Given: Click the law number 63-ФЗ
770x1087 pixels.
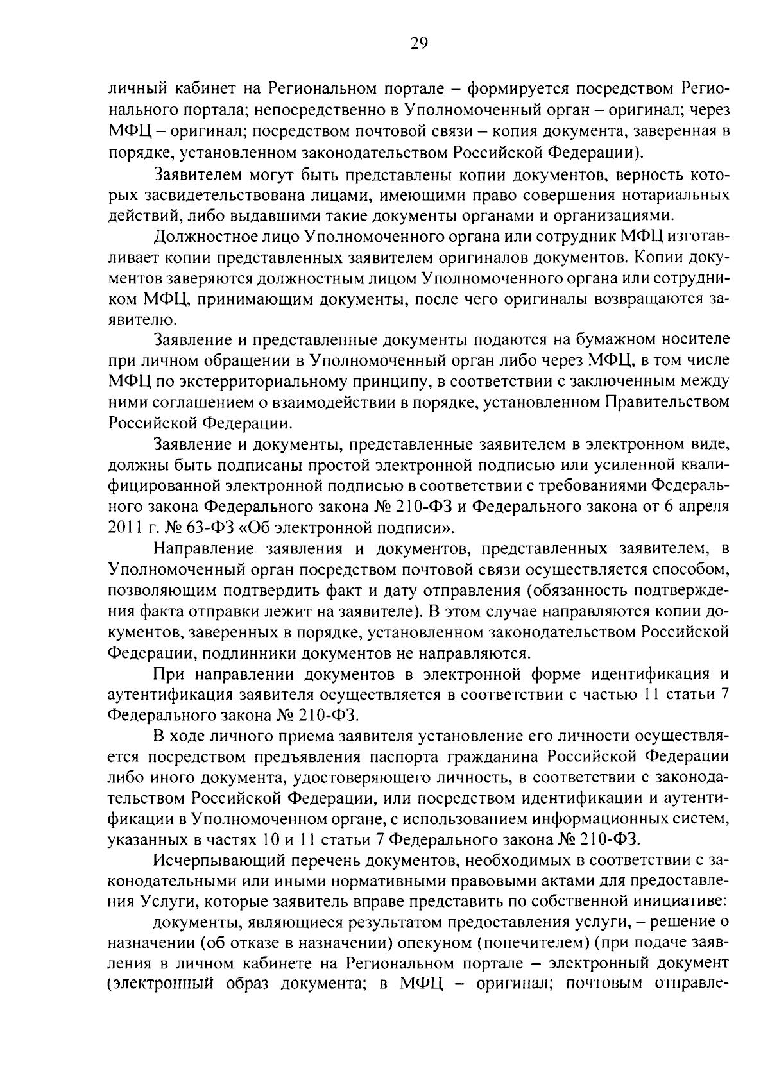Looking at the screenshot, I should coord(187,528).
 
